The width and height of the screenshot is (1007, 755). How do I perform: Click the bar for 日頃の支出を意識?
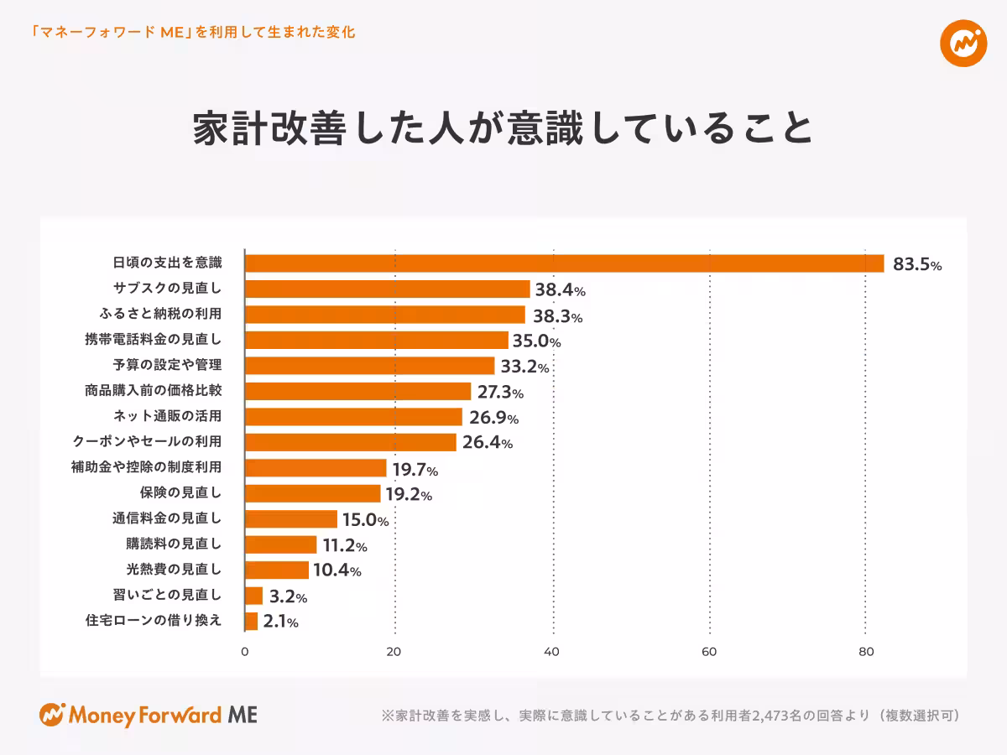pyautogui.click(x=564, y=263)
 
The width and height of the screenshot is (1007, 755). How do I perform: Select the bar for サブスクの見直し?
pyautogui.click(x=387, y=289)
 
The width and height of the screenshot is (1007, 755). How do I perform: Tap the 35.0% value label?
pyautogui.click(x=536, y=341)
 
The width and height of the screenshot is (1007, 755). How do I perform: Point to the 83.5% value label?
pyautogui.click(x=916, y=265)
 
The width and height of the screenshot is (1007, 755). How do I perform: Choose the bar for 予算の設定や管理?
pyautogui.click(x=369, y=366)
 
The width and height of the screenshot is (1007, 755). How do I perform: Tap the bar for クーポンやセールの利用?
pyautogui.click(x=350, y=442)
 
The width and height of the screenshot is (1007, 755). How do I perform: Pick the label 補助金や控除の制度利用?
pyautogui.click(x=147, y=467)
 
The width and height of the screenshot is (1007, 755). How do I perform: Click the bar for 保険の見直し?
pyautogui.click(x=312, y=493)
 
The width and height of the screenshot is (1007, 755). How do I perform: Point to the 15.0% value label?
pyautogui.click(x=365, y=520)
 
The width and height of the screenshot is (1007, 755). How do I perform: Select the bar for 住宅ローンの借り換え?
pyautogui.click(x=251, y=622)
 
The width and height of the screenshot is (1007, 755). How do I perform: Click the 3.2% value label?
pyautogui.click(x=288, y=597)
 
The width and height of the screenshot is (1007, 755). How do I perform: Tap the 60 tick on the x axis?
pyautogui.click(x=709, y=652)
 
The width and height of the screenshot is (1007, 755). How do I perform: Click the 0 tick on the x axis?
pyautogui.click(x=245, y=652)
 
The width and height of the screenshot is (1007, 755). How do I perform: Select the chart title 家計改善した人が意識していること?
pyautogui.click(x=503, y=128)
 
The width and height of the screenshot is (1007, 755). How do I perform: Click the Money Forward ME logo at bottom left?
pyautogui.click(x=149, y=715)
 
